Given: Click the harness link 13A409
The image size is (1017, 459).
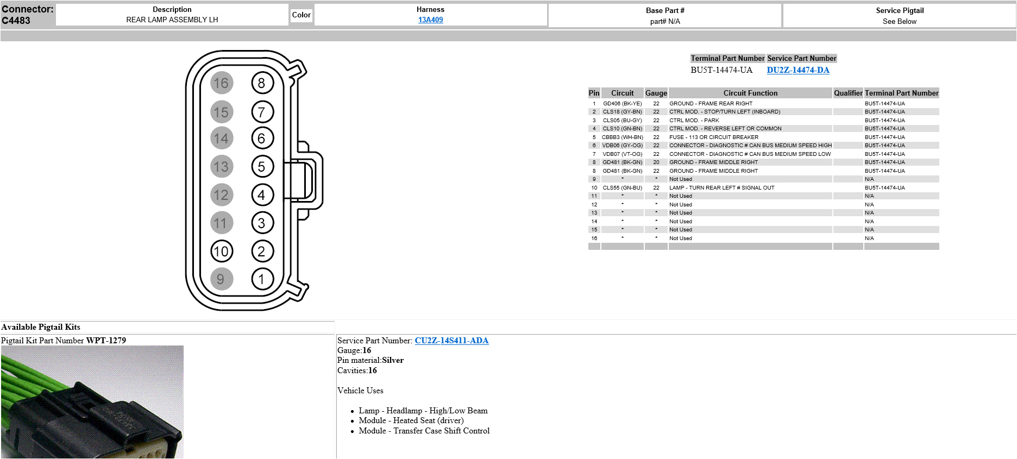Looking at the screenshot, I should (x=430, y=20).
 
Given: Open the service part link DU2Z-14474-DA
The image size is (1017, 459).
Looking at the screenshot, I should (x=798, y=70).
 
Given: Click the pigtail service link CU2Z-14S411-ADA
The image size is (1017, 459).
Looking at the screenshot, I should (x=451, y=341).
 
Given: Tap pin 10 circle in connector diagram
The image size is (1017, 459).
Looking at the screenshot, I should (x=221, y=251).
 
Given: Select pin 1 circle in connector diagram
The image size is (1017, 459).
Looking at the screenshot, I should (x=262, y=279).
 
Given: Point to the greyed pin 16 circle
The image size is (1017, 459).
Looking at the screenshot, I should (x=221, y=83).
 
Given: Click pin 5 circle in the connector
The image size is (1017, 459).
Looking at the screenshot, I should (x=262, y=167).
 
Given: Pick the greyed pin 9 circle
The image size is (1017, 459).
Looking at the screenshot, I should (x=221, y=279).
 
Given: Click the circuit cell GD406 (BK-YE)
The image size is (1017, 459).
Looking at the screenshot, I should (x=622, y=103).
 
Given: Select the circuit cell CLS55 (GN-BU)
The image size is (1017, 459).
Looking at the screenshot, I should (x=622, y=188).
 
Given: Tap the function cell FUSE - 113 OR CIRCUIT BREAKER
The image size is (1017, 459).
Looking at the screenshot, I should (x=713, y=137).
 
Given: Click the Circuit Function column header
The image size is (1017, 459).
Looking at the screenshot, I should (x=750, y=93).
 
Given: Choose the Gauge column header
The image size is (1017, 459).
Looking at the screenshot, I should (x=656, y=93).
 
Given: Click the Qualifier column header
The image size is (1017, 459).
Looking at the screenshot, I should (x=847, y=93).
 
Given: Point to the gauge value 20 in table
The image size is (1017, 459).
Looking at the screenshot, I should (x=656, y=162).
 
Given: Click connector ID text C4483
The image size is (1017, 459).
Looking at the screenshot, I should (x=16, y=21).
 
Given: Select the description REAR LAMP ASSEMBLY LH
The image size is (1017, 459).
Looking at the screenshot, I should (x=172, y=20).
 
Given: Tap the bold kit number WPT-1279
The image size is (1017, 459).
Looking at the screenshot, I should (x=106, y=341).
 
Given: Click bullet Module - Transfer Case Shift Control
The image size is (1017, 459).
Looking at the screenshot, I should (x=424, y=431).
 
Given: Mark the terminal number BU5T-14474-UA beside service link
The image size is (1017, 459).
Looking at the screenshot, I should (x=721, y=70).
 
